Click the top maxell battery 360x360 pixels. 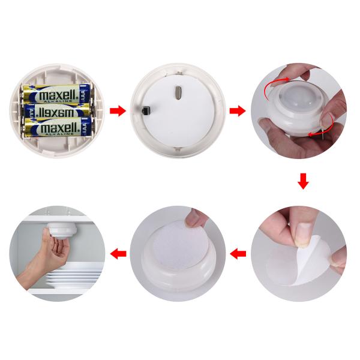(x=57, y=95)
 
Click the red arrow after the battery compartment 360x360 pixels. (x=118, y=111)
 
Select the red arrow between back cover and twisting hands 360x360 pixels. (x=238, y=111)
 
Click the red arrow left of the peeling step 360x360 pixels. (x=238, y=254)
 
